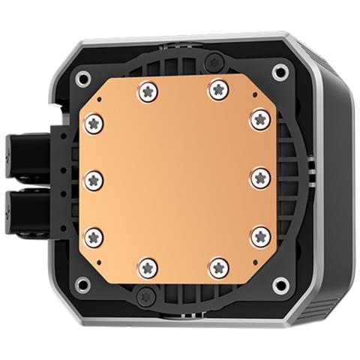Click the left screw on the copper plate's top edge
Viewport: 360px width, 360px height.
[x=147, y=91]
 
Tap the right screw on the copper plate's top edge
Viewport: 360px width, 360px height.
[x=218, y=90]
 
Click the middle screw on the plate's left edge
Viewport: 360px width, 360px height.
[x=93, y=178]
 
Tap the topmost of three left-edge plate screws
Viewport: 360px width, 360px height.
[x=93, y=122]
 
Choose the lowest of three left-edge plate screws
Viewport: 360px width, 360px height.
[x=94, y=237]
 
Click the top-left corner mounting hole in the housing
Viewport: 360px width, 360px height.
[x=83, y=76]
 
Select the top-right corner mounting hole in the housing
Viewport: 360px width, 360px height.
[x=280, y=72]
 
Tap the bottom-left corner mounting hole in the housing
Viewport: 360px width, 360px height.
[x=83, y=284]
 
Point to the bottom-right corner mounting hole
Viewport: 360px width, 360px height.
[x=280, y=284]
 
